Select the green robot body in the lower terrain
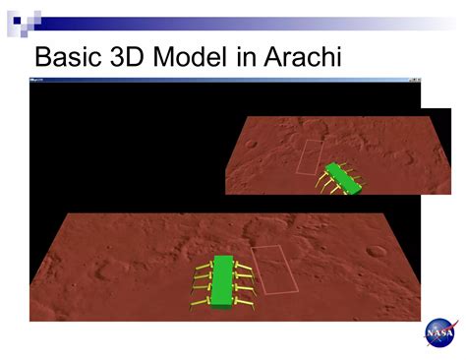tap(222, 279)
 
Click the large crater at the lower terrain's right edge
tap(376, 252)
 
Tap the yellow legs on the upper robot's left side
tap(325, 181)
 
